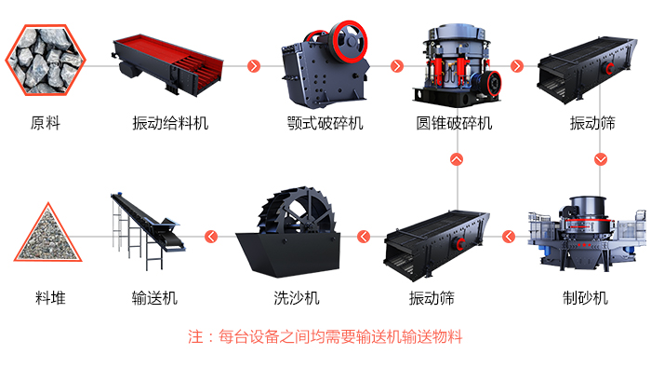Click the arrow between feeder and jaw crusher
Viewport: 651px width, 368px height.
pos(253,66)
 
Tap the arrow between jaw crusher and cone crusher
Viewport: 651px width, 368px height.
pos(397,66)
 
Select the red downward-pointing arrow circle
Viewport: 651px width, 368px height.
pos(600,159)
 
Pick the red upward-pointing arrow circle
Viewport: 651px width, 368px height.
pos(456,159)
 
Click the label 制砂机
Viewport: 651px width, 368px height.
pos(585,298)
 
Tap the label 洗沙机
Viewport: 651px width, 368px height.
pos(296,298)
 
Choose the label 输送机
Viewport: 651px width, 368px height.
pos(154,298)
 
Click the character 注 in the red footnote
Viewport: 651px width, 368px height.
pos(195,337)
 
